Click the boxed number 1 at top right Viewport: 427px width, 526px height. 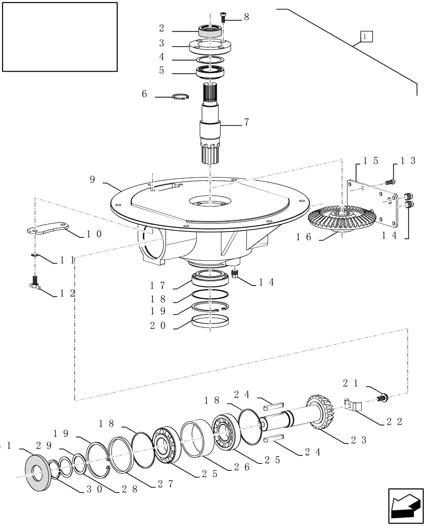tap(366, 36)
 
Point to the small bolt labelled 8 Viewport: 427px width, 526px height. tap(223, 18)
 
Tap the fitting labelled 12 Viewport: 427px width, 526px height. tap(35, 284)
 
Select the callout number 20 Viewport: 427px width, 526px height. tap(158, 326)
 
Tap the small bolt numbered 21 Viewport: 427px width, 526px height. tap(383, 397)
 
